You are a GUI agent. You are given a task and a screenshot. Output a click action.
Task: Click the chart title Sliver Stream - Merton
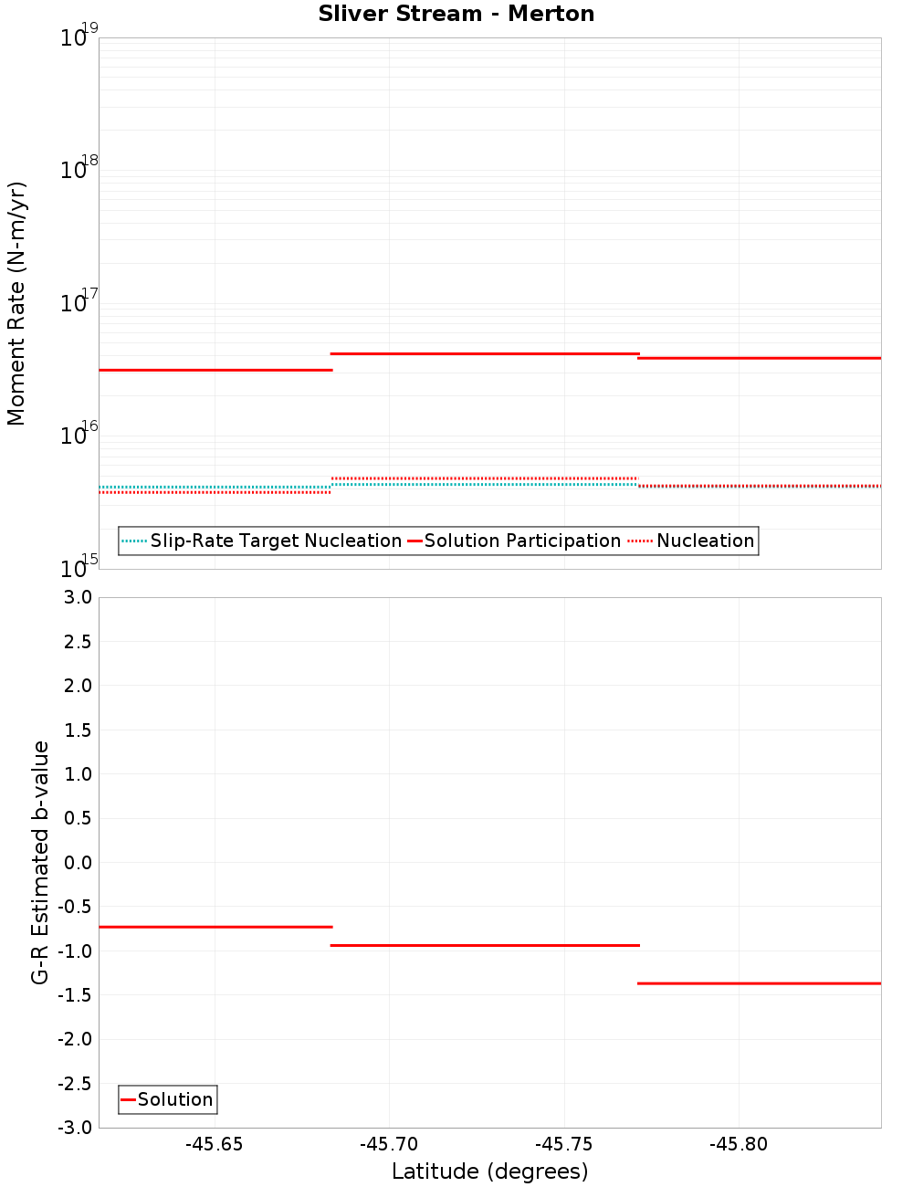pos(456,14)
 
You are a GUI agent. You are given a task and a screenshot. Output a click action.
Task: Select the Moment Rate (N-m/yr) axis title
pos(16,303)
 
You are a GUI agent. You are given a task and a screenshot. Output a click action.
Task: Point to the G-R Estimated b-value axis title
pos(40,862)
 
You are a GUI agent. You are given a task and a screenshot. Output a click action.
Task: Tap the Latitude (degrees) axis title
pos(489,1171)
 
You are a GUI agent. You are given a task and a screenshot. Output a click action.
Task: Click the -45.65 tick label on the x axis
pos(215,1145)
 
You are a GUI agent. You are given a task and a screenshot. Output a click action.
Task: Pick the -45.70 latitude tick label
pos(389,1145)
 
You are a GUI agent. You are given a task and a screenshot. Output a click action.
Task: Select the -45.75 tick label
pos(564,1145)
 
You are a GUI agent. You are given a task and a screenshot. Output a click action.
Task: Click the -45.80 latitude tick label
pos(739,1145)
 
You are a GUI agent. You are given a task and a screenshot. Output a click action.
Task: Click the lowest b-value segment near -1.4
pos(759,983)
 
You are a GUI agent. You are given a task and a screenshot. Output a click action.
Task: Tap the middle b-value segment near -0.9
pos(485,945)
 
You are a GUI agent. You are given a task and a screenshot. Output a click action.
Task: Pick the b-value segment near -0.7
pos(215,927)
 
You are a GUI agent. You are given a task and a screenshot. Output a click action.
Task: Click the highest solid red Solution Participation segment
pos(485,353)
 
